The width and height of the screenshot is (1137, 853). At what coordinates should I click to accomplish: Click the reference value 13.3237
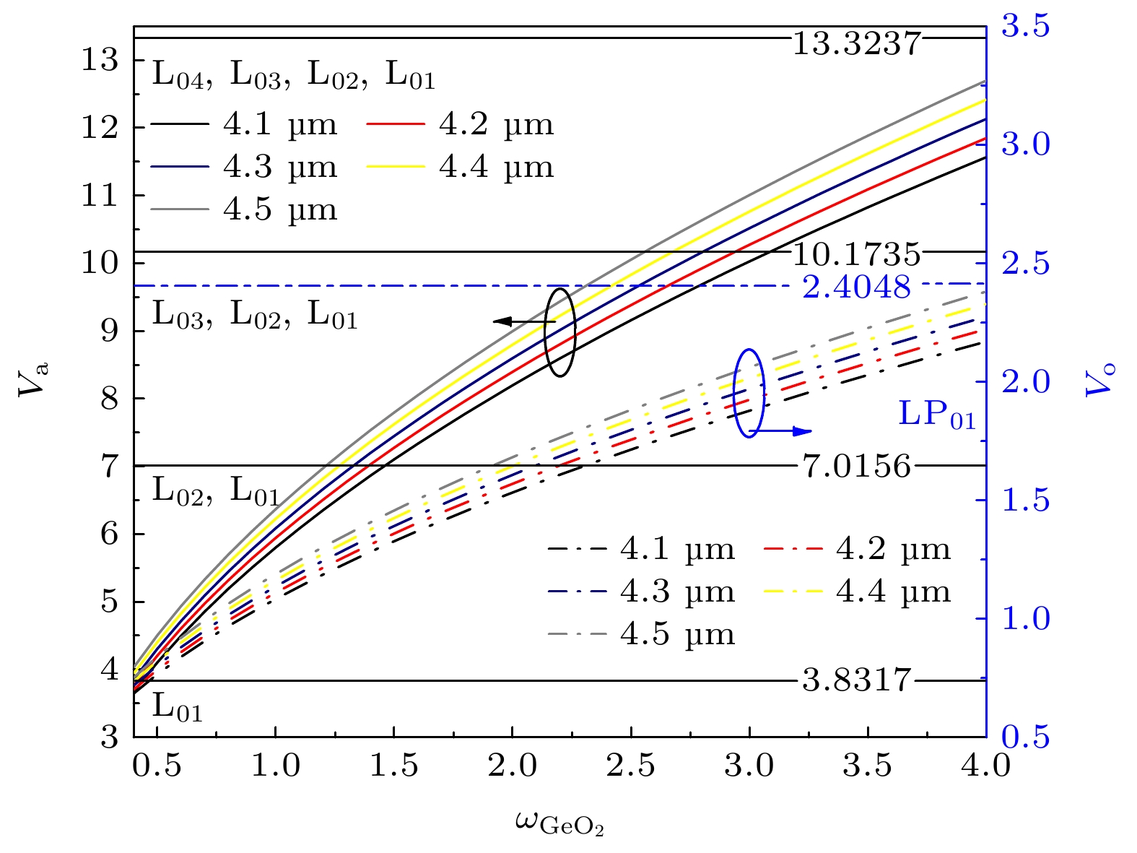click(x=857, y=44)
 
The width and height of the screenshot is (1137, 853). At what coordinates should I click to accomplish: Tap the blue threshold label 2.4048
click(x=857, y=287)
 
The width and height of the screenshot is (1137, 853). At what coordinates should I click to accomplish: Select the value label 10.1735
click(x=857, y=255)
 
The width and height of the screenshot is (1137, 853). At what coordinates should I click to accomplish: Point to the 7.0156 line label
click(x=857, y=467)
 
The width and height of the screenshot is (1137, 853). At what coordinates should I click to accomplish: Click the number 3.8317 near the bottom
click(x=857, y=680)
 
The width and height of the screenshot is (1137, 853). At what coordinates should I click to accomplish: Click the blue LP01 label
click(x=937, y=415)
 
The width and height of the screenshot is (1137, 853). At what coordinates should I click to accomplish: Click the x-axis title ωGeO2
click(x=559, y=823)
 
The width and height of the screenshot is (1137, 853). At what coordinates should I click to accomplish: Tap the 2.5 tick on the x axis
click(x=631, y=765)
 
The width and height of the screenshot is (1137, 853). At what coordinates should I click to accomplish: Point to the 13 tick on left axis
click(x=100, y=61)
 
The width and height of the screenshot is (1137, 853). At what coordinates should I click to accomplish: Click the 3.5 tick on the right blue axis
click(x=1025, y=27)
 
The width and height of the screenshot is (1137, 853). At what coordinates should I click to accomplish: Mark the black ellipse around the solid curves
click(x=560, y=332)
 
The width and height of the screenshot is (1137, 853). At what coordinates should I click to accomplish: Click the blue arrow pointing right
click(x=783, y=432)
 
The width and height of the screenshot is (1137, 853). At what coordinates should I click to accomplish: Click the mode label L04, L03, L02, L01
click(x=293, y=75)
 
